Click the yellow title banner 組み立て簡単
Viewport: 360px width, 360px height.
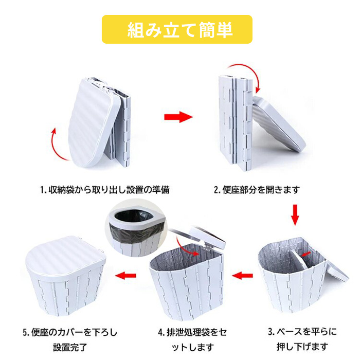tap(177, 29)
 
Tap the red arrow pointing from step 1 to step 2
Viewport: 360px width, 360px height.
tap(178, 117)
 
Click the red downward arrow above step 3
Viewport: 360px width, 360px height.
tap(295, 215)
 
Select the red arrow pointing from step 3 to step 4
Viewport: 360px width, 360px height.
tap(242, 275)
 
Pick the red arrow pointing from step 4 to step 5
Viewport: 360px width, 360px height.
tap(125, 275)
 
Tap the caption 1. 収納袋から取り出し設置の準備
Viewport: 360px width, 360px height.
tap(105, 190)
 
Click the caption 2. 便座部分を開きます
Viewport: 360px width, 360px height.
tap(257, 190)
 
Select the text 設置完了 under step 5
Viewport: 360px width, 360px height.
tap(70, 347)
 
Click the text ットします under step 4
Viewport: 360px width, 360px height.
tap(193, 347)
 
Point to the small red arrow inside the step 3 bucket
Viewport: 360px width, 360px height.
tap(306, 254)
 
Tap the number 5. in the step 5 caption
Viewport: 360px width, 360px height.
tap(26, 333)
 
